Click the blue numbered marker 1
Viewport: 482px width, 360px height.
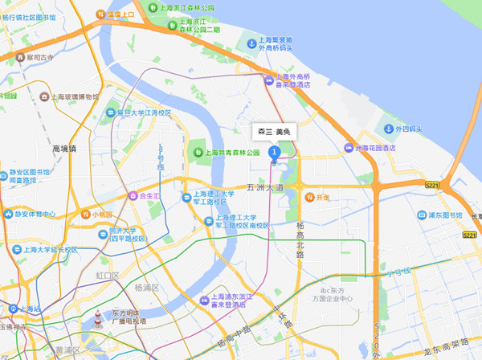click(x=274, y=151)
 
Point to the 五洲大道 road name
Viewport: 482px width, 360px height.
click(x=265, y=187)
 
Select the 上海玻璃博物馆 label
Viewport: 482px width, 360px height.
click(x=74, y=96)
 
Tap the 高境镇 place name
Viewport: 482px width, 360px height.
click(x=63, y=149)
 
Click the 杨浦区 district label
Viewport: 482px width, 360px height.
click(x=148, y=287)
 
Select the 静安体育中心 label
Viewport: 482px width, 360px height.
click(x=35, y=215)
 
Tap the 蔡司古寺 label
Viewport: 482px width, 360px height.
click(x=39, y=57)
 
